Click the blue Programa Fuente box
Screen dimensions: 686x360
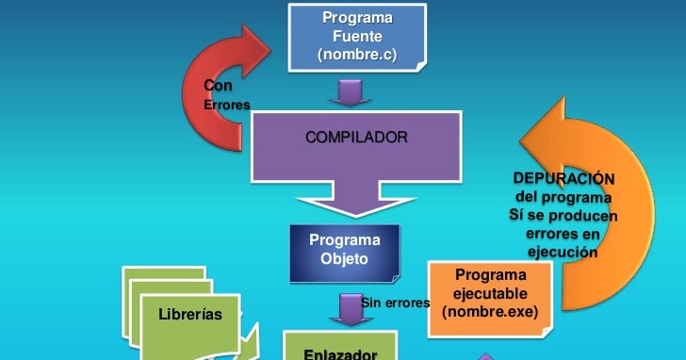tap(356, 38)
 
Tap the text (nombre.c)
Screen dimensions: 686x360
tap(357, 57)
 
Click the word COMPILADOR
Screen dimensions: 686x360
tap(356, 137)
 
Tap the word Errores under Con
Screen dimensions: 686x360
tap(227, 105)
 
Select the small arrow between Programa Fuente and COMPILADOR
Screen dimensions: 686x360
tap(350, 92)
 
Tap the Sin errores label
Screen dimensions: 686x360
tap(395, 303)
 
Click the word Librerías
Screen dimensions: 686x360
tap(190, 314)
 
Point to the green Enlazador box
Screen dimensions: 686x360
tap(341, 347)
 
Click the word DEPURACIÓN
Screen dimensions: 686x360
tap(563, 178)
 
